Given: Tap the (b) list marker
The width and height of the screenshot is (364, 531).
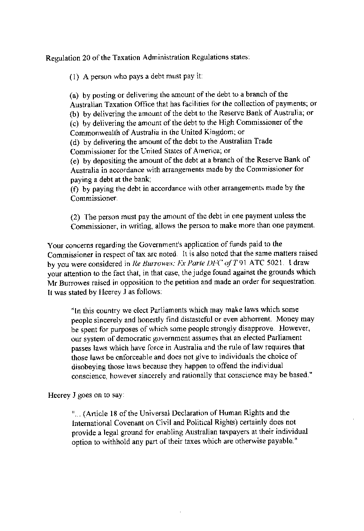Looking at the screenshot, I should click(x=75, y=113).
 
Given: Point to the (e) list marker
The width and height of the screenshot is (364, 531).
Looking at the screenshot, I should click(x=75, y=159).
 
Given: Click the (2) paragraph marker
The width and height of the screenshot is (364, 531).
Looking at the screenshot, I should click(x=75, y=216).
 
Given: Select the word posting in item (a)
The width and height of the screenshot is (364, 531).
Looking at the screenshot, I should click(x=99, y=94).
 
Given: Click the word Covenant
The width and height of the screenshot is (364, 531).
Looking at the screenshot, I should click(x=129, y=422).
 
